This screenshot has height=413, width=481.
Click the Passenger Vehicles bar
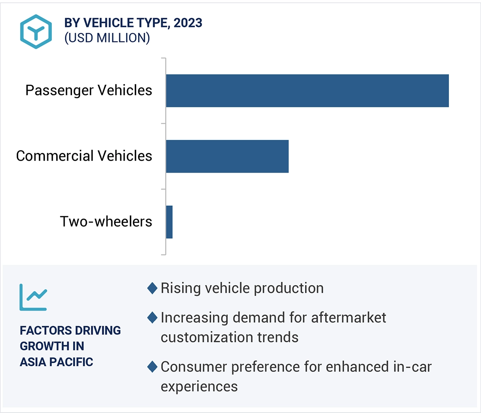307,91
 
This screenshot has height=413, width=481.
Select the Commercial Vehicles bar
227,156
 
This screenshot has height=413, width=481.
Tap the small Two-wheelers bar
169,222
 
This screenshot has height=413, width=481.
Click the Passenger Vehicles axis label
89,90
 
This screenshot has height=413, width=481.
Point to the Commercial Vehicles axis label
84,156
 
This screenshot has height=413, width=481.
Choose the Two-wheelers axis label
106,222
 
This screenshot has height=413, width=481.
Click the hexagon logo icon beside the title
36,32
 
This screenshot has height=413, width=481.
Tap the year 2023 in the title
188,23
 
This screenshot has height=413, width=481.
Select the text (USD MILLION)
107,38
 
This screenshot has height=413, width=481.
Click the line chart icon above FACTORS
33,297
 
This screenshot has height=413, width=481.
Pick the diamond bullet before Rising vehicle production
152,288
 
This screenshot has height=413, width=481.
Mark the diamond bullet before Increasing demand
152,318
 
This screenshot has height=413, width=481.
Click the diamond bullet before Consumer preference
152,367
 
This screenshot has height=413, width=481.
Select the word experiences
199,386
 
